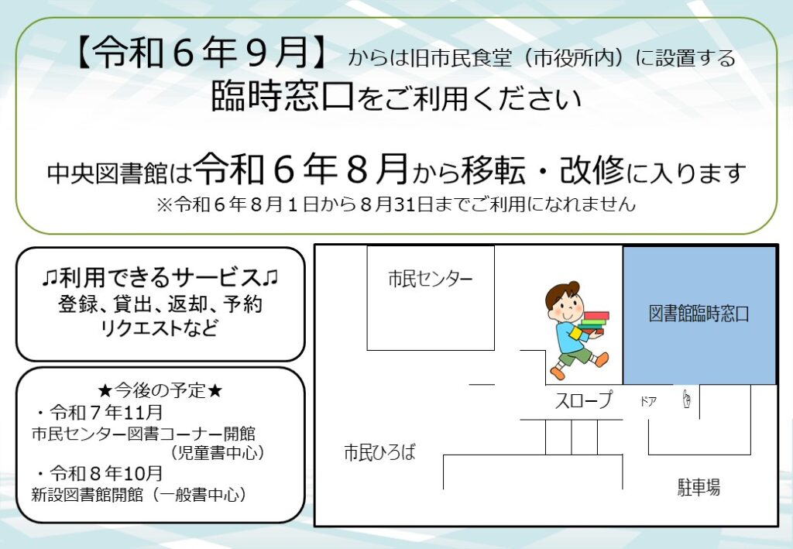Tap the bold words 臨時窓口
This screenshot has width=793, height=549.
pyautogui.click(x=282, y=96)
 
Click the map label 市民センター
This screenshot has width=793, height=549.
pyautogui.click(x=431, y=279)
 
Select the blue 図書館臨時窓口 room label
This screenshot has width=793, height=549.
pyautogui.click(x=699, y=314)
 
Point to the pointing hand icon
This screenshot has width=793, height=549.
pyautogui.click(x=686, y=399)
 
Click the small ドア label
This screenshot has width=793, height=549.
pyautogui.click(x=648, y=401)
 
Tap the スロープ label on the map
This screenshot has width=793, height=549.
pyautogui.click(x=584, y=400)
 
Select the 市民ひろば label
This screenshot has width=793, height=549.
pyautogui.click(x=379, y=452)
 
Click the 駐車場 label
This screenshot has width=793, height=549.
pyautogui.click(x=699, y=487)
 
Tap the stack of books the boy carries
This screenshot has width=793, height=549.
pyautogui.click(x=594, y=323)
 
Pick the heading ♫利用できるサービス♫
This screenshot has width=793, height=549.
pyautogui.click(x=160, y=277)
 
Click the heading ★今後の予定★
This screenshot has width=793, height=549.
pyautogui.click(x=160, y=390)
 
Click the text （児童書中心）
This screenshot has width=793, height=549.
pyautogui.click(x=218, y=452)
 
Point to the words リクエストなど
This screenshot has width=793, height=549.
pyautogui.click(x=160, y=328)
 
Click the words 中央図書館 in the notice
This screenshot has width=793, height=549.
pyautogui.click(x=107, y=173)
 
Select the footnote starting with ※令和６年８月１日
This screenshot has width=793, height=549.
pyautogui.click(x=396, y=204)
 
